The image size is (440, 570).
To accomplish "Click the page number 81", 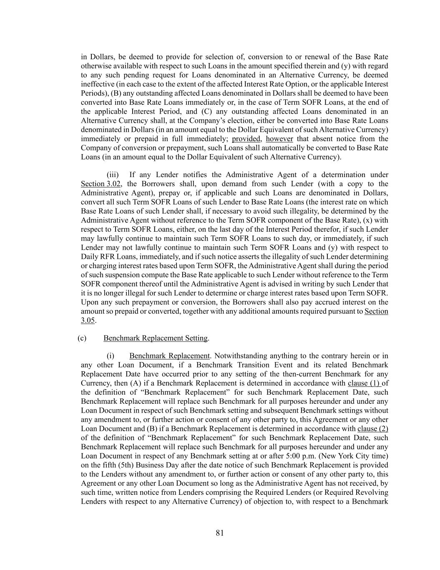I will tap(220, 533).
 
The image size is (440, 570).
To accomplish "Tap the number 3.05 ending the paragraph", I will tap(88, 321).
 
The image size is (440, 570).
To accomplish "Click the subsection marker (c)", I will tap(82, 338).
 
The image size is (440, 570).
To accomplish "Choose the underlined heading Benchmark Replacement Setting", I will tap(156, 338).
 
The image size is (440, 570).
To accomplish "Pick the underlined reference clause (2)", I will tap(373, 429).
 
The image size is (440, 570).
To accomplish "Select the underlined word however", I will tap(279, 139).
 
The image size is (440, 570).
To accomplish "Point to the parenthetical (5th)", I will tap(126, 465).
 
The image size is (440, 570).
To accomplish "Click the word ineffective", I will tap(97, 84).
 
